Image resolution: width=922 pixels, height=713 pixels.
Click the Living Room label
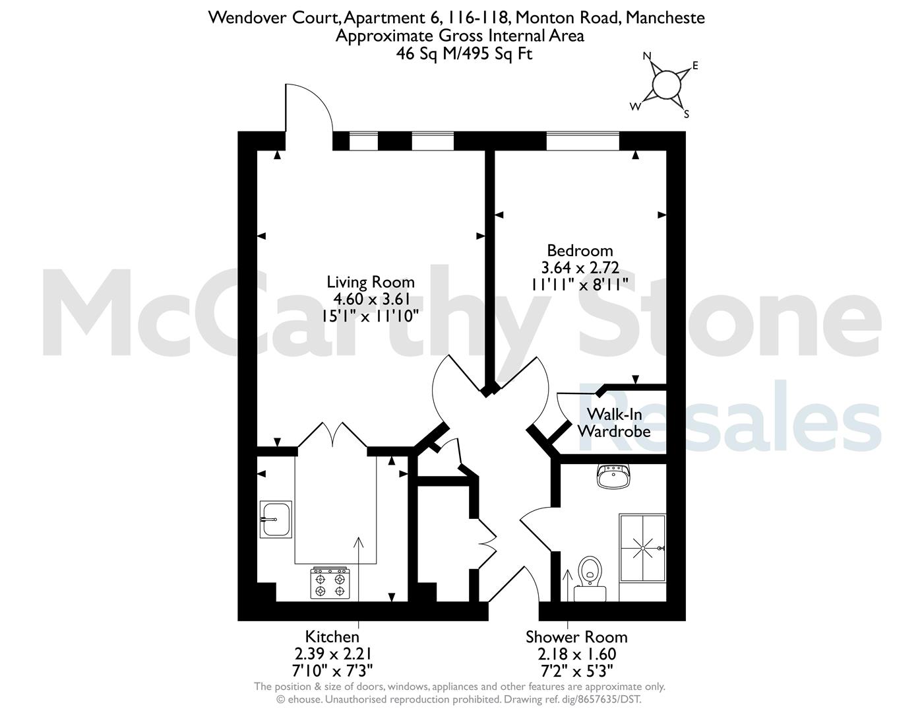point(371,282)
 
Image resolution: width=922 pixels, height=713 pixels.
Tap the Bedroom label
point(580,251)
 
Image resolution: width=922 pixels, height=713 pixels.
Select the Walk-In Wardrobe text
point(614,423)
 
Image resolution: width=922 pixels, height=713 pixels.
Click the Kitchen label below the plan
point(332,637)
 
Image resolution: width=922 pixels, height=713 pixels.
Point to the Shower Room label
point(576,637)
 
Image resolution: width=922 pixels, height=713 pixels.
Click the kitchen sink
point(276,520)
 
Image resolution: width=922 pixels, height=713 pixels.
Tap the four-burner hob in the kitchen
point(330,584)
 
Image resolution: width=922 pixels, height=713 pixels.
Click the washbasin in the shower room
point(613,476)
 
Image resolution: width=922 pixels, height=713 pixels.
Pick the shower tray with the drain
point(642,548)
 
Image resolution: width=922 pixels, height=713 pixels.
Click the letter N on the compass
point(648,56)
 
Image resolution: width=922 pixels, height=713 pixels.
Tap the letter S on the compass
point(686,114)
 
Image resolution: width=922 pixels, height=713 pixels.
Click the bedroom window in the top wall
point(582,141)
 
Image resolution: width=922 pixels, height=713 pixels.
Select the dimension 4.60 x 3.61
point(371,299)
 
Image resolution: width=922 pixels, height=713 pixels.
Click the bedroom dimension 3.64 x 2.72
point(580,268)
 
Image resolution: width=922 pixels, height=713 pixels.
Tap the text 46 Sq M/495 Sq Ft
point(464,54)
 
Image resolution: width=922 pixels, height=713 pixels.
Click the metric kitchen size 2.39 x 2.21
point(332,654)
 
